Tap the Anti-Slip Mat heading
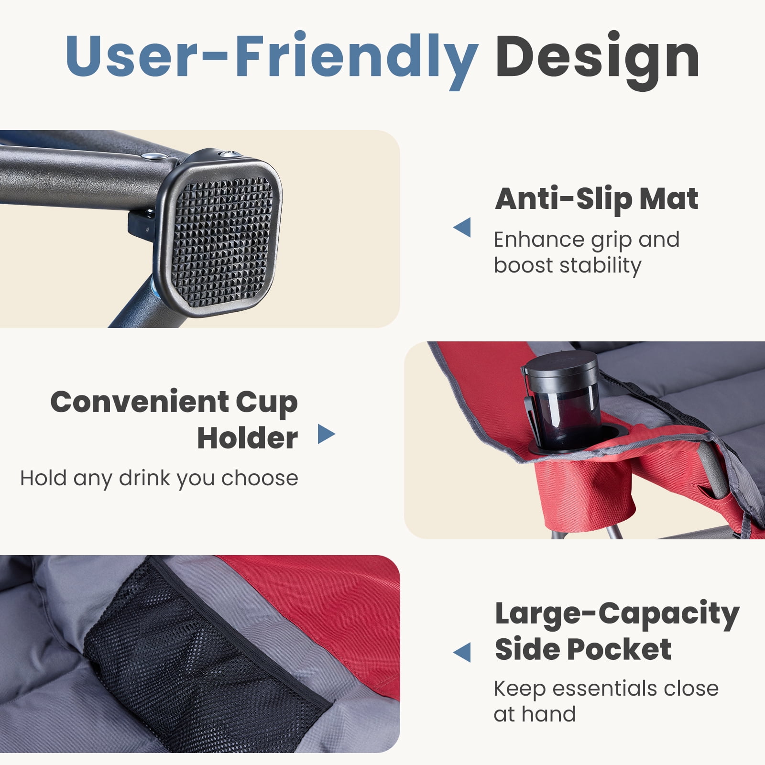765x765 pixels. (597, 199)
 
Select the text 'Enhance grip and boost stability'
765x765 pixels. (586, 252)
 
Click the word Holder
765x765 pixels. (248, 438)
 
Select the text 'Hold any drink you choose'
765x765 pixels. (159, 478)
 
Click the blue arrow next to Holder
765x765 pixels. (327, 434)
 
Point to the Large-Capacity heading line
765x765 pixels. (617, 615)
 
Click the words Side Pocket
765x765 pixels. (583, 649)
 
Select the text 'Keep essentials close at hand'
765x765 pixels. (606, 701)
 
